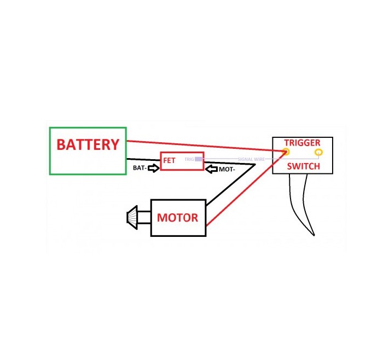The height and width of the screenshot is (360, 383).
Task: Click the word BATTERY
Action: click(x=88, y=144)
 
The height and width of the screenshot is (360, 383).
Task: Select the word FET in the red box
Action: click(x=169, y=160)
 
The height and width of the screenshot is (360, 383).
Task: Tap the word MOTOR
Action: click(x=177, y=217)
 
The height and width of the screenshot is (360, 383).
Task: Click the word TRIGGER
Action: click(x=302, y=143)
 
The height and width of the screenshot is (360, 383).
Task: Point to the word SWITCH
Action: click(x=303, y=166)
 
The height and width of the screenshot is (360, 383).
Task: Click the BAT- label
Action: click(x=140, y=168)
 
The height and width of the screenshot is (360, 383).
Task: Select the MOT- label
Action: click(x=227, y=170)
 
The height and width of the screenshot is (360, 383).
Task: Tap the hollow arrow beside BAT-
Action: click(x=153, y=168)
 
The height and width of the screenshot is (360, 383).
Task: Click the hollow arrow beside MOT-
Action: click(x=212, y=170)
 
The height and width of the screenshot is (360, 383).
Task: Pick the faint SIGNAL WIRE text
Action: click(x=251, y=159)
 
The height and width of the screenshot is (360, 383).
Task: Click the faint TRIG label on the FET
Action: click(x=189, y=159)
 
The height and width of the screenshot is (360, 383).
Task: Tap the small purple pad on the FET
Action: click(x=199, y=159)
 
